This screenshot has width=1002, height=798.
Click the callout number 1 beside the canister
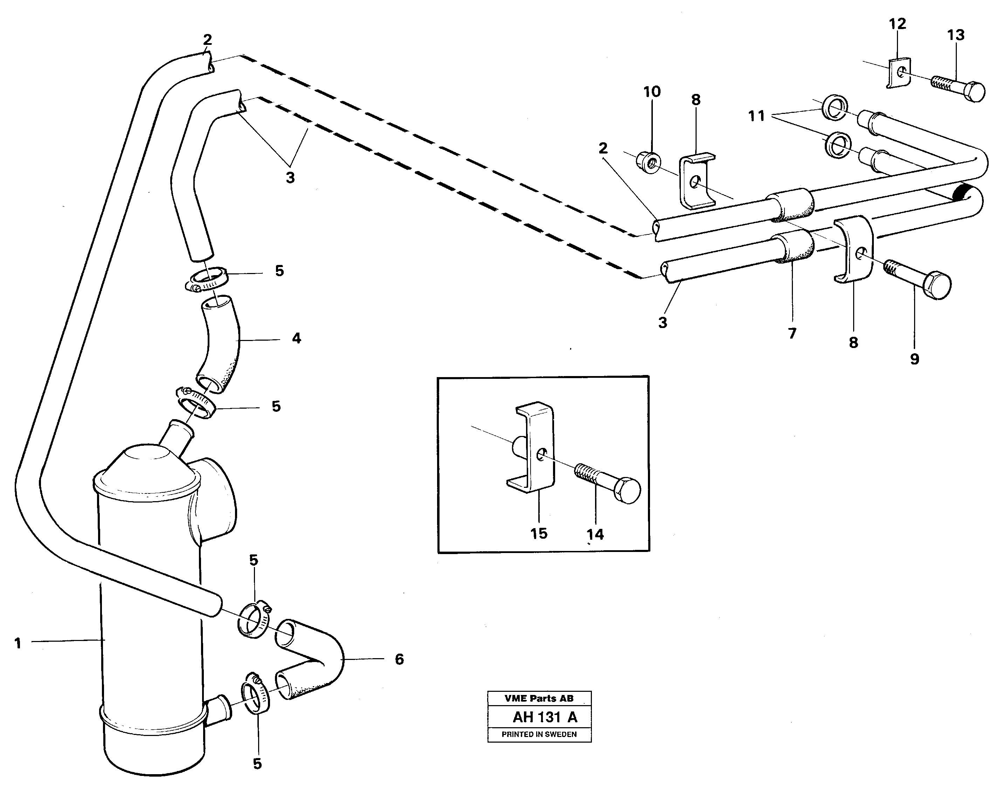point(18,643)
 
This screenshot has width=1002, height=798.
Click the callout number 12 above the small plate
point(897,24)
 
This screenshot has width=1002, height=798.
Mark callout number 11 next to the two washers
point(756,116)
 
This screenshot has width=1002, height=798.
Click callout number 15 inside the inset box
point(539,533)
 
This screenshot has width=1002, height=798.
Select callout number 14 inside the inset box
point(595,534)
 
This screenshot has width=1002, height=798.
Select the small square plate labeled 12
point(898,73)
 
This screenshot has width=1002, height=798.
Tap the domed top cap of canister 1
point(146,465)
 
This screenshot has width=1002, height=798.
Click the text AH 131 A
point(545,717)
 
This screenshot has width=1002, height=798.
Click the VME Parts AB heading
point(539,698)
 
